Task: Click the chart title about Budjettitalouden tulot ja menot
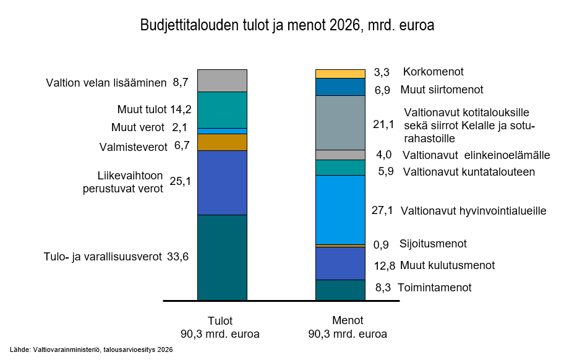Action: (x=287, y=26)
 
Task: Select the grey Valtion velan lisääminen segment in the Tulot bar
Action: (x=222, y=81)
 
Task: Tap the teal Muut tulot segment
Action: (x=222, y=110)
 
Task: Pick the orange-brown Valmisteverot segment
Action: (x=222, y=142)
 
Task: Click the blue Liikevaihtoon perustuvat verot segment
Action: (x=222, y=182)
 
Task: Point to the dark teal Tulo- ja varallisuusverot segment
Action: (x=222, y=257)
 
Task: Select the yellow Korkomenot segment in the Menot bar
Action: (x=340, y=74)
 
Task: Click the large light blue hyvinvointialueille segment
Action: (x=340, y=210)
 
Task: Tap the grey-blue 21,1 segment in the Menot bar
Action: (x=340, y=122)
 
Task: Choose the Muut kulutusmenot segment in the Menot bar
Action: (x=340, y=264)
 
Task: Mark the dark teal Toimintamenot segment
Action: (x=340, y=290)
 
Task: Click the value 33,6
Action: (x=177, y=257)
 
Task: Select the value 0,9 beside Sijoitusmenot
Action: (x=382, y=244)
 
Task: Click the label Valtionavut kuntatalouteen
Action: (x=468, y=172)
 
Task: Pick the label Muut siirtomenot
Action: (x=442, y=90)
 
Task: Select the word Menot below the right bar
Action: (x=348, y=321)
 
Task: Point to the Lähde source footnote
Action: (x=91, y=349)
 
